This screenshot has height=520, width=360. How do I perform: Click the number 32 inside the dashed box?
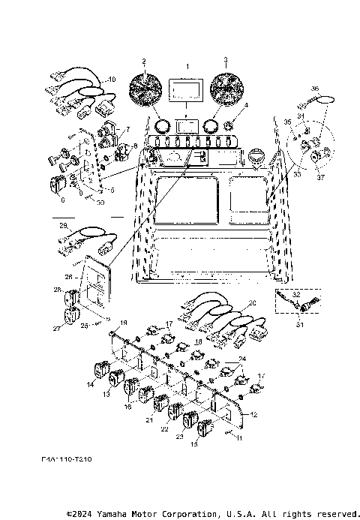pos(297,295)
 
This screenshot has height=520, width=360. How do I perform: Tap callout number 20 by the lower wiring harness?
pos(252,302)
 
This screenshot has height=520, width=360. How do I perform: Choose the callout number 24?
pos(242,359)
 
